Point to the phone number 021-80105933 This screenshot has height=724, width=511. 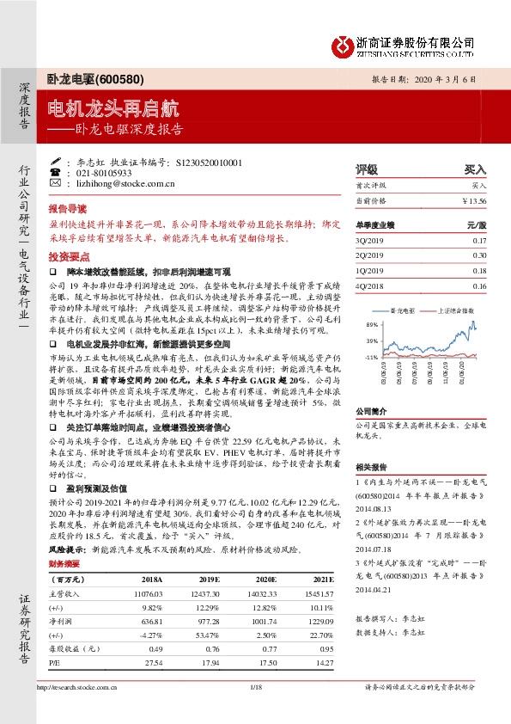(107, 172)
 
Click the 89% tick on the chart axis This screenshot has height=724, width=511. (370, 326)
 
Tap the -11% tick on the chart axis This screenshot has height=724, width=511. (370, 355)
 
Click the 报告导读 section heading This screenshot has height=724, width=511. (68, 208)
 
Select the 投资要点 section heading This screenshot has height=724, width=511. (68, 256)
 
